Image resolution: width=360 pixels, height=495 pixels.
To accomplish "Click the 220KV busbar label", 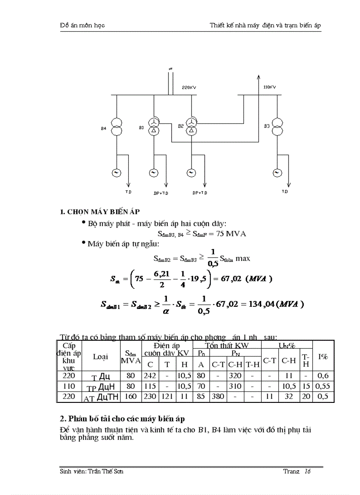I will pyautogui.click(x=189, y=88).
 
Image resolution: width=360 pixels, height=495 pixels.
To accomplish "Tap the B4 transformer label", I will pyautogui.click(x=103, y=128).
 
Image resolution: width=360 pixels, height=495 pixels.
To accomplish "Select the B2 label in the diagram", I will pyautogui.click(x=181, y=127).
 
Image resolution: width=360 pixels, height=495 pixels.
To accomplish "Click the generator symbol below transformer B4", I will pyautogui.click(x=117, y=173).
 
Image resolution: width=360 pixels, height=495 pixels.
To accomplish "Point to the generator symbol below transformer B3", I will pyautogui.click(x=277, y=173).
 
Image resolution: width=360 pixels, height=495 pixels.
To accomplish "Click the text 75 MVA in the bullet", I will pyautogui.click(x=231, y=234).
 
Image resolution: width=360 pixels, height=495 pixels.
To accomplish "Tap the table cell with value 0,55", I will pyautogui.click(x=323, y=386).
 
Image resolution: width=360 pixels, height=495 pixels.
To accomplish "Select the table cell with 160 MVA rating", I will pyautogui.click(x=131, y=396).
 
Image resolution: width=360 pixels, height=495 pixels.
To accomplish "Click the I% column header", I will pyautogui.click(x=323, y=356).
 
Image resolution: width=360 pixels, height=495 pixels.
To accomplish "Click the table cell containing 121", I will pyautogui.click(x=167, y=396).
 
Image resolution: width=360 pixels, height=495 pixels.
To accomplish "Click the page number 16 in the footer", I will pyautogui.click(x=307, y=471).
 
